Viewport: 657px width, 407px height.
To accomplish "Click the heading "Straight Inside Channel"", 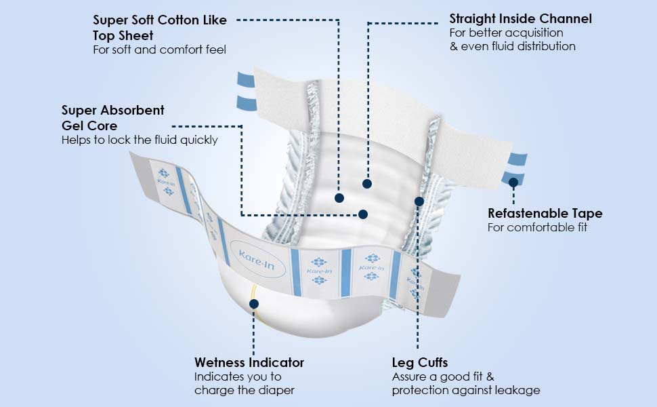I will pos(520,18).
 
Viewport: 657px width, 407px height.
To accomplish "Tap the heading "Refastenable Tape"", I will pos(545,214).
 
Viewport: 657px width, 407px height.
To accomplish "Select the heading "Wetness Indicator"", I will pos(249,362).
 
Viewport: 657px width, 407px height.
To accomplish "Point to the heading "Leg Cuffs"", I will pos(419,362).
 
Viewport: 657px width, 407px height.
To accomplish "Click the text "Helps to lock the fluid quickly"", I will pos(140,140).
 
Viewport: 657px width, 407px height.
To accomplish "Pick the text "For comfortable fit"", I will pos(537,227).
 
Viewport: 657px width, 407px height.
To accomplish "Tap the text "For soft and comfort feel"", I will pos(159,50).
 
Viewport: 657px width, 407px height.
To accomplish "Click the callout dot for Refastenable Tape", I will pos(513,182).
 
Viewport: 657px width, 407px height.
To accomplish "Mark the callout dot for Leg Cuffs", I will pos(419,201).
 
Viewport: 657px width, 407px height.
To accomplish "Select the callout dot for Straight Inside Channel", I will pos(367,183).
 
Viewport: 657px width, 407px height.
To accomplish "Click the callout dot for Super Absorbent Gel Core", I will pos(363,214).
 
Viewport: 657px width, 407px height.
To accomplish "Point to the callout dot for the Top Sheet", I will pos(339,197).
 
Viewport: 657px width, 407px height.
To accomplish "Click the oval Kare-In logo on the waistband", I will pos(257,258).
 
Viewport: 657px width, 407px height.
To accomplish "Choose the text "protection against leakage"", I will pos(465,390).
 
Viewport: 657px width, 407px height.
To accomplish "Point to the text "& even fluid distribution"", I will pos(512,46).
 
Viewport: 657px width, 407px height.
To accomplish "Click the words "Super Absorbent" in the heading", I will pos(112,110).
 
